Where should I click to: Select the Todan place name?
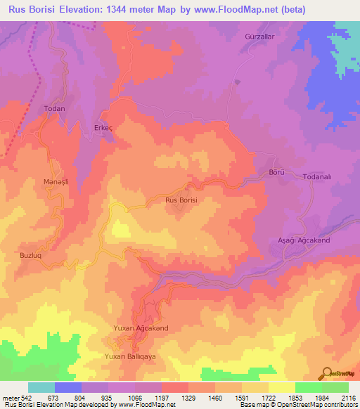pos(54,109)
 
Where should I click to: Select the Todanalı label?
pos(319,177)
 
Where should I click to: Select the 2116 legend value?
pos(349,398)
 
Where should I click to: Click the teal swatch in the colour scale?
pos(41,387)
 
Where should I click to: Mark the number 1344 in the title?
pos(126,11)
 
